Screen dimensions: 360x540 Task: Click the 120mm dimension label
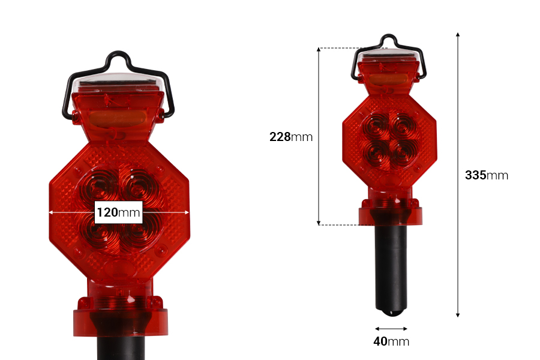(x=118, y=212)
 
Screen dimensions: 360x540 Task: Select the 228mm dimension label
(x=291, y=137)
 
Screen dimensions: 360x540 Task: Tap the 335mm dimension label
(x=486, y=175)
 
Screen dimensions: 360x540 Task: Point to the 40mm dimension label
(x=391, y=342)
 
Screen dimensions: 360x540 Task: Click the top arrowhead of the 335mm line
(x=458, y=35)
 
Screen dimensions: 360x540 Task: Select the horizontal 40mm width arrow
(x=391, y=328)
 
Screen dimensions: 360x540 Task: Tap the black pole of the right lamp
(x=391, y=264)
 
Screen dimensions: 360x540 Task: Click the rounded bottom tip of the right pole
(x=391, y=313)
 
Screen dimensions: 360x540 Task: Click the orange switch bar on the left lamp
(x=118, y=117)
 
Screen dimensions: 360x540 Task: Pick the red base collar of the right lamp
(x=391, y=215)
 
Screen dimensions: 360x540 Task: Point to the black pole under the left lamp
(x=119, y=348)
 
